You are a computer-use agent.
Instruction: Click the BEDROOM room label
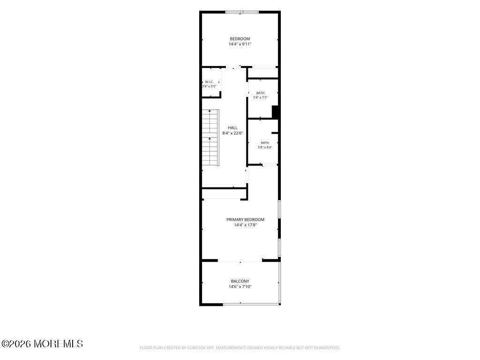pyautogui.click(x=240, y=39)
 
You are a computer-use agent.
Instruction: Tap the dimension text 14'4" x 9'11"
pyautogui.click(x=240, y=44)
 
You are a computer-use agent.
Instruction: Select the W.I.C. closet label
pyautogui.click(x=209, y=82)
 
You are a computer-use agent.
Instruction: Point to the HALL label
pyautogui.click(x=232, y=127)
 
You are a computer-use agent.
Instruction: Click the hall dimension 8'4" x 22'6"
pyautogui.click(x=232, y=133)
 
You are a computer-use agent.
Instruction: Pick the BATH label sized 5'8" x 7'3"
pyautogui.click(x=261, y=93)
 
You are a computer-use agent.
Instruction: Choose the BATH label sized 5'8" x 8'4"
pyautogui.click(x=265, y=142)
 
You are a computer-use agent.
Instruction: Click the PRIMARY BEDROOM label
pyautogui.click(x=245, y=219)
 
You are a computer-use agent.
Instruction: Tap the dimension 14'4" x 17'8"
pyautogui.click(x=245, y=225)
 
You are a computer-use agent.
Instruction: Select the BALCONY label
pyautogui.click(x=240, y=281)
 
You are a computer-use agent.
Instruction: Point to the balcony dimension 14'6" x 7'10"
pyautogui.click(x=240, y=287)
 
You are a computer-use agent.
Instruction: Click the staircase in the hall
pyautogui.click(x=210, y=137)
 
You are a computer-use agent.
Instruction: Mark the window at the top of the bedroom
pyautogui.click(x=242, y=12)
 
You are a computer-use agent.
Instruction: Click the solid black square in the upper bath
pyautogui.click(x=275, y=112)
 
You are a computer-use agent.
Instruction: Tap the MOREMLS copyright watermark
pyautogui.click(x=42, y=344)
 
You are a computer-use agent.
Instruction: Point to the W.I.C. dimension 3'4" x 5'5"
pyautogui.click(x=210, y=86)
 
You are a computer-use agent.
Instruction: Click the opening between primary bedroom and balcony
pyautogui.click(x=240, y=261)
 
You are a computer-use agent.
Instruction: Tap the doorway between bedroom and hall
pyautogui.click(x=233, y=67)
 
